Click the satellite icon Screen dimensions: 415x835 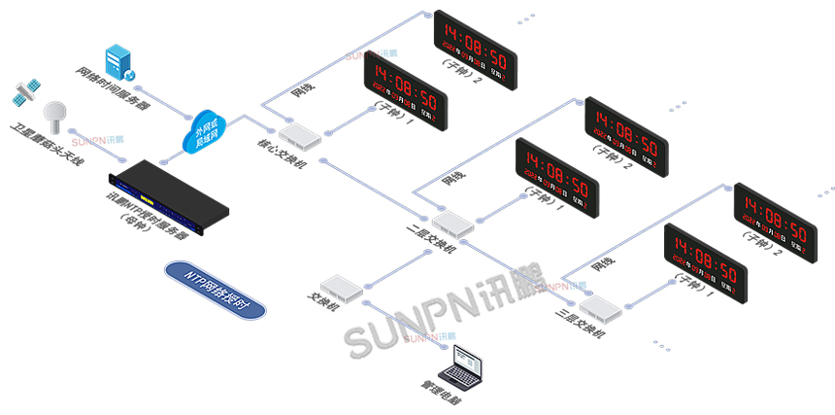click(25, 93)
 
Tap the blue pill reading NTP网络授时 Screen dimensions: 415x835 click(215, 286)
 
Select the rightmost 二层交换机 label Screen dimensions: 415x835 click(583, 322)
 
